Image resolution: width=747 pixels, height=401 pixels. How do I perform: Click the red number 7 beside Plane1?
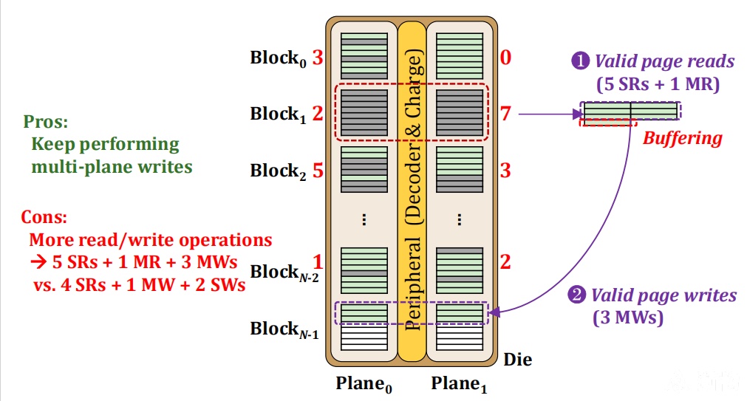[505, 113]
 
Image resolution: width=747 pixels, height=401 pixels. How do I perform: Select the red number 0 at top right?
[505, 57]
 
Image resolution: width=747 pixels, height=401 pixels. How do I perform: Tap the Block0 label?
[279, 58]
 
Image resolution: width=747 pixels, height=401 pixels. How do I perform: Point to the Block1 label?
[279, 114]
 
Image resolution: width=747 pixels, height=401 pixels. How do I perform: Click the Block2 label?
[279, 171]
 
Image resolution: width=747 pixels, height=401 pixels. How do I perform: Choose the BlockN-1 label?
[284, 329]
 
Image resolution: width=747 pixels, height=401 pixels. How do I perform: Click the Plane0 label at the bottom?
[364, 384]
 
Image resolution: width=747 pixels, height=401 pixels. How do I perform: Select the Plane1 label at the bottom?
[460, 384]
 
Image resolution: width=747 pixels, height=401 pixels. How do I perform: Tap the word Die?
[517, 360]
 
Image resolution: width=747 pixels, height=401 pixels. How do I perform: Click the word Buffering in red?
[682, 139]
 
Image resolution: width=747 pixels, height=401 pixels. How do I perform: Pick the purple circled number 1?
[580, 61]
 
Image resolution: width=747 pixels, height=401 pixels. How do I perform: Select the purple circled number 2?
[576, 295]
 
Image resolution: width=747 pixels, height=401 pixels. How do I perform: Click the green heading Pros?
[46, 122]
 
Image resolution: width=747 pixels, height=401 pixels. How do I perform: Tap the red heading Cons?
[44, 217]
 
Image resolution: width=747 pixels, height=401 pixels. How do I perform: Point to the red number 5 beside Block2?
[318, 170]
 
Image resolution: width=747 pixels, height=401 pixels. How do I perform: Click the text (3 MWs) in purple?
[628, 317]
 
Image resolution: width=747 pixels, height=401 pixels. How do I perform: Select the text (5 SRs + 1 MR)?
[658, 84]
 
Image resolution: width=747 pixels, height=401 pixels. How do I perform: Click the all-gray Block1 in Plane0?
[364, 113]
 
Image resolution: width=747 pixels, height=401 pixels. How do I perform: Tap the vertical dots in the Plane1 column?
[460, 219]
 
